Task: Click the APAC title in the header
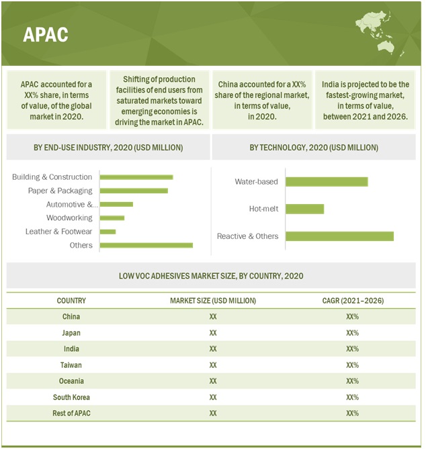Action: [46, 34]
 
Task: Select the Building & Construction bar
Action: [136, 177]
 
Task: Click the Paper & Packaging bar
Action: [134, 191]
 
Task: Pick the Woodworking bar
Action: [112, 217]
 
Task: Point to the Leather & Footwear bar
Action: [108, 232]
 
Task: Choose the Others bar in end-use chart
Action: [146, 245]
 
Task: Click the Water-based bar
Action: [327, 182]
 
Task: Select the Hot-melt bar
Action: [304, 209]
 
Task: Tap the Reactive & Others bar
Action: [339, 236]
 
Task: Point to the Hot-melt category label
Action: [263, 209]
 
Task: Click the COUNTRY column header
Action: [71, 301]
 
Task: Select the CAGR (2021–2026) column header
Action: [353, 301]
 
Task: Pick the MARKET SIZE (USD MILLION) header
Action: [213, 301]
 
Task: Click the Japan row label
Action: [71, 333]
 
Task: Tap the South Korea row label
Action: [71, 397]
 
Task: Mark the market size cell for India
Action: [213, 349]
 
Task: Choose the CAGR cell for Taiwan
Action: [353, 365]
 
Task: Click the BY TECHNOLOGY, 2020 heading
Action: [313, 148]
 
